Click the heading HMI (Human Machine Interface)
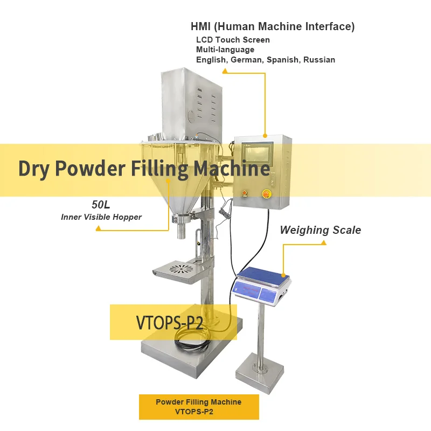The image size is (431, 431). (273, 26)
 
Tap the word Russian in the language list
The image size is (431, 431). (319, 60)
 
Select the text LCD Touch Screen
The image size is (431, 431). (233, 40)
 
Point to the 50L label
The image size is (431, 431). (101, 205)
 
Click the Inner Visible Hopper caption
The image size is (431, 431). (101, 217)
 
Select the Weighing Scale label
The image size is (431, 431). (320, 230)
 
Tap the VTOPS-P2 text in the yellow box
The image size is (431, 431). (169, 323)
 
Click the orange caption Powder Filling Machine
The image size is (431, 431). (198, 402)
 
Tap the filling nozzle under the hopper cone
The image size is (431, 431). (181, 232)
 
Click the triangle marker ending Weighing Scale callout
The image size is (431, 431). (324, 243)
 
